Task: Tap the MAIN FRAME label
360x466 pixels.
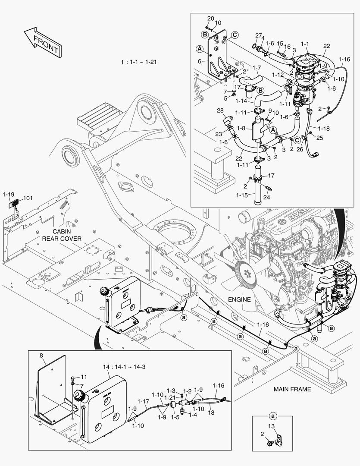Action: [292, 389]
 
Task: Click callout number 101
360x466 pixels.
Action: [28, 199]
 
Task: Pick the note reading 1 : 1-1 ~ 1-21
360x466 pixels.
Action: [139, 62]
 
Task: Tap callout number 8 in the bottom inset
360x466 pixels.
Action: [42, 356]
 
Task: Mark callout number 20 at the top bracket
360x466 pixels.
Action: [210, 18]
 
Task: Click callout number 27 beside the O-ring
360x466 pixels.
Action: [258, 35]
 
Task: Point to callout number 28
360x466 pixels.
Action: [220, 111]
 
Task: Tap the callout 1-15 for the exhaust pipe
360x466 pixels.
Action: [242, 195]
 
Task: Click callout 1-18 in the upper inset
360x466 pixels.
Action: [324, 128]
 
